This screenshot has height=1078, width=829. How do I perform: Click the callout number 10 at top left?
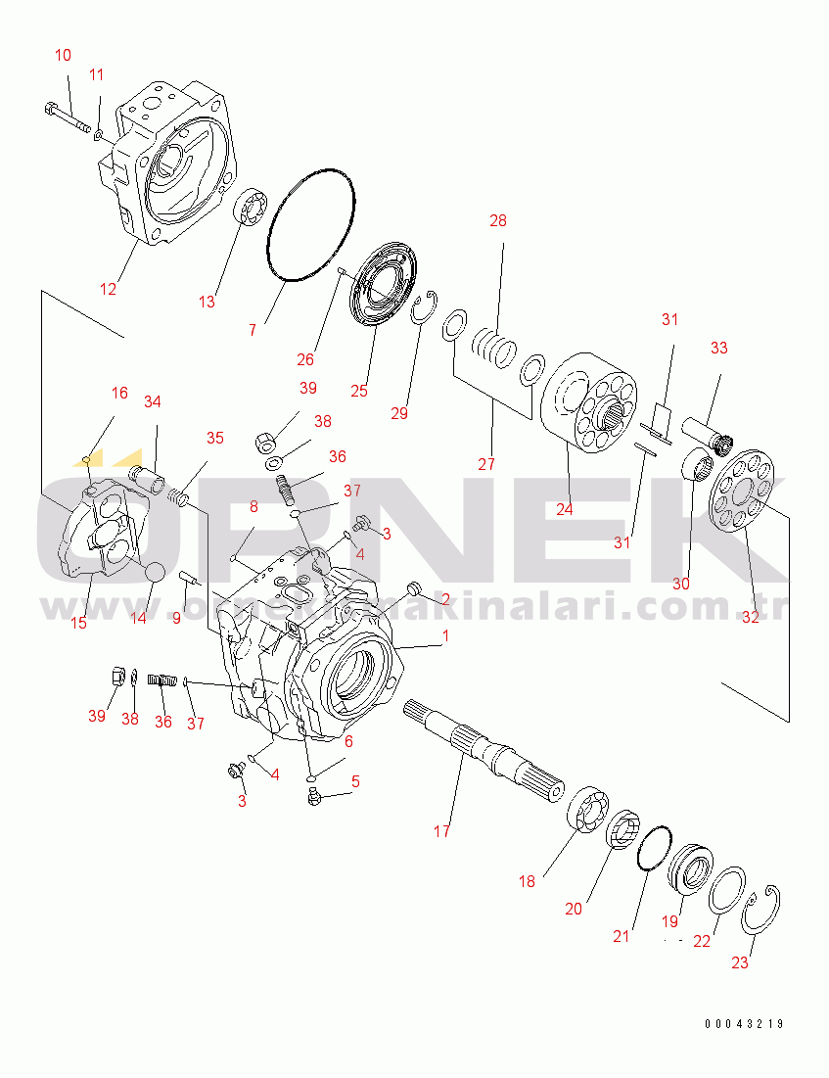click(63, 56)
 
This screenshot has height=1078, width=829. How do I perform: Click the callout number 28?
click(498, 221)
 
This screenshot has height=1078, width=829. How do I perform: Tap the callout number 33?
click(719, 348)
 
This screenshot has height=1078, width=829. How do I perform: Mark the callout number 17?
click(441, 832)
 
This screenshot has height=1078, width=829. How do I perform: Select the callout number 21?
click(622, 936)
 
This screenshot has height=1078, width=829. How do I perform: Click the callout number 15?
click(78, 622)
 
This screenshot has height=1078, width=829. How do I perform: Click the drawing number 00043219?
click(744, 1024)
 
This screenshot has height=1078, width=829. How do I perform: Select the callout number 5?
click(355, 781)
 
